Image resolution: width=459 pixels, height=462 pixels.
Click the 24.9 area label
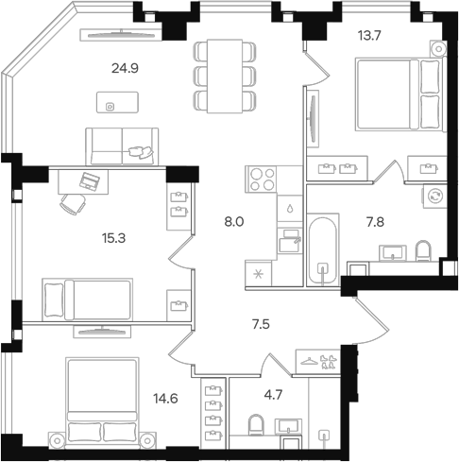[x=125, y=68]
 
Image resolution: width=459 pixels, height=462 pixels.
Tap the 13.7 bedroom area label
[x=369, y=36]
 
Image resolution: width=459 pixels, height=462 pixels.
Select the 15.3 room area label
[x=113, y=238]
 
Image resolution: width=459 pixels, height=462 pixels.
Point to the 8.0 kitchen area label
[x=234, y=222]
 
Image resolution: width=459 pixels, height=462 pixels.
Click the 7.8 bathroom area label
[x=375, y=222]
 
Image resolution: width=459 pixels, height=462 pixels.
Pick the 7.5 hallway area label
[x=261, y=324]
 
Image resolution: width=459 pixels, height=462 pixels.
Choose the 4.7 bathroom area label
[x=273, y=395]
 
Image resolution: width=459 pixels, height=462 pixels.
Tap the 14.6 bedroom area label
[x=165, y=399]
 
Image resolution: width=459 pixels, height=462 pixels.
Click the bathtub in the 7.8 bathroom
[x=323, y=250]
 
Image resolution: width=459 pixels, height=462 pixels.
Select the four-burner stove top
[x=262, y=180]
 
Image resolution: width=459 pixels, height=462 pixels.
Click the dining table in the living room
[x=225, y=76]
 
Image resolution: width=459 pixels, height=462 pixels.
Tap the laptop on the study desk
[x=90, y=181]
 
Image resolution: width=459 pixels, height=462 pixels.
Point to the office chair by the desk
[x=74, y=204]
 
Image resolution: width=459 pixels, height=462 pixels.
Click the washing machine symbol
[x=434, y=196]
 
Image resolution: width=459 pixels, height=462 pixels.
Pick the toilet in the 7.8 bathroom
[x=423, y=250]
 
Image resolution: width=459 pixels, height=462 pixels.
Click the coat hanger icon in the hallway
[x=310, y=361]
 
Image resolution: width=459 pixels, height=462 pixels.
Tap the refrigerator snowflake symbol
[x=259, y=274]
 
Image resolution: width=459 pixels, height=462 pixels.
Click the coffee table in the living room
[x=117, y=102]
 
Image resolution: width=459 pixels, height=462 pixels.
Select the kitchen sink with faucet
[x=289, y=241]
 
